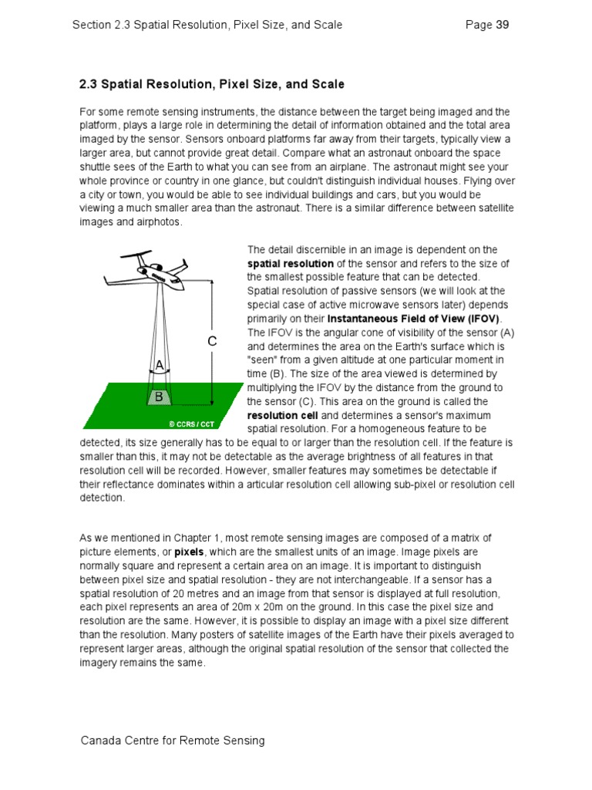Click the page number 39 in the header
(502, 25)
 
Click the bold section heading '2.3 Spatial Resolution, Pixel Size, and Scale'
(212, 84)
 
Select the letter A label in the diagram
(160, 365)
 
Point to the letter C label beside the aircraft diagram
(212, 341)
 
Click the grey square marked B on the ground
(159, 397)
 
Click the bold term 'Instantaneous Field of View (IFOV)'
(414, 319)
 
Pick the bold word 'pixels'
(188, 552)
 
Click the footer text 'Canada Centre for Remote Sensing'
(173, 741)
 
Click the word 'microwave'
(358, 305)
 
